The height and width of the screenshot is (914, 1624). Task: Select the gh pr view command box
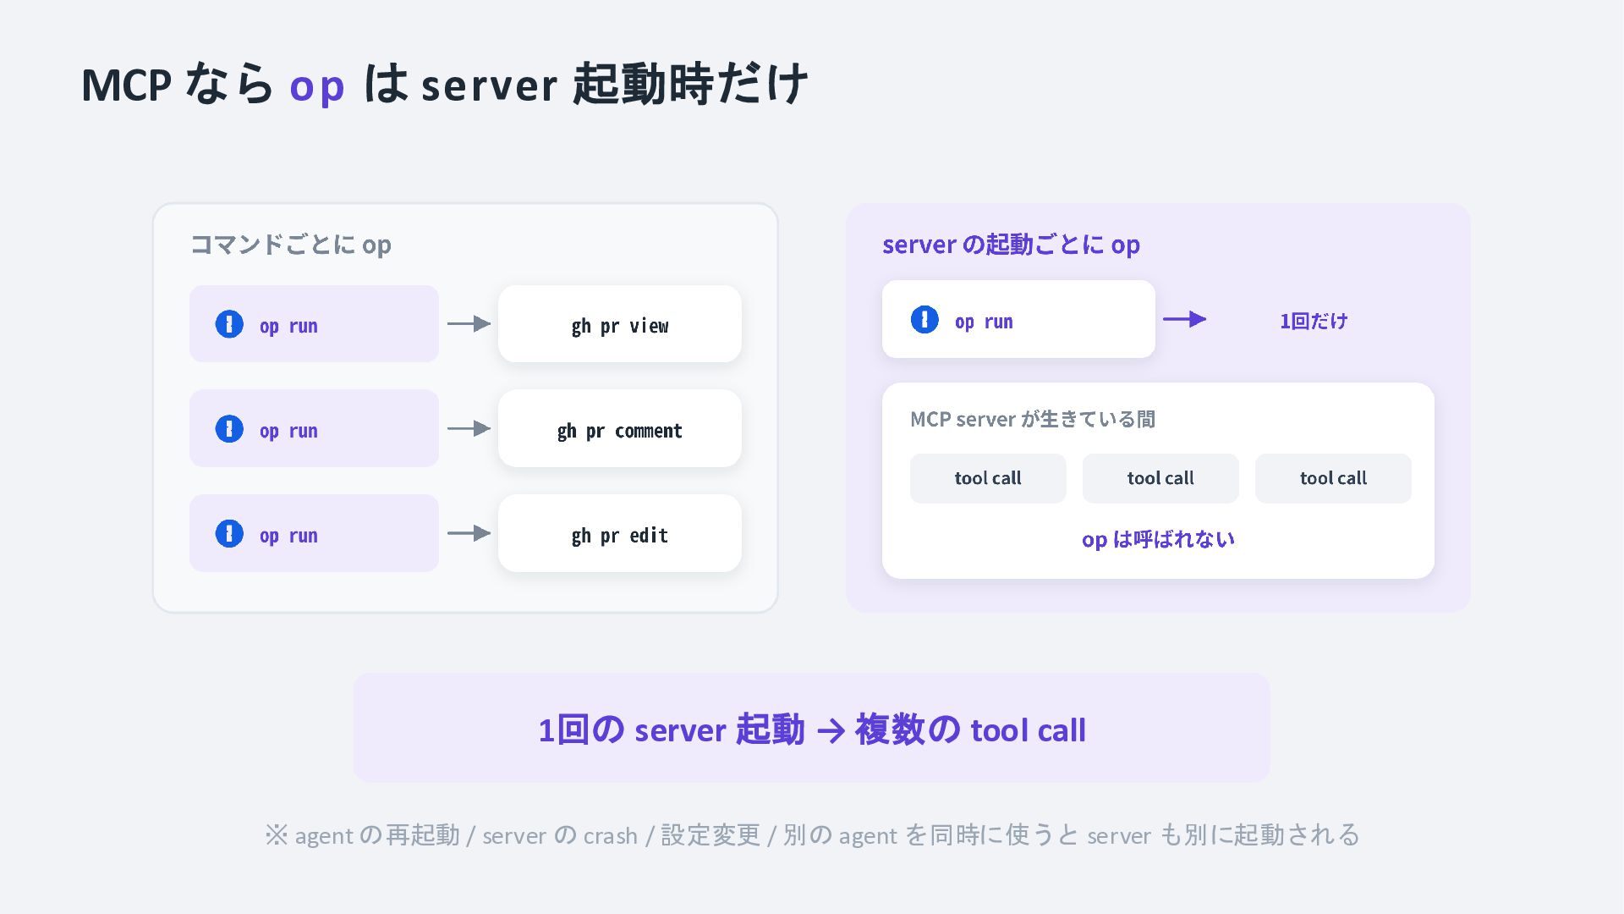[620, 324]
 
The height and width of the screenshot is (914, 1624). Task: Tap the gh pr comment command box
[620, 428]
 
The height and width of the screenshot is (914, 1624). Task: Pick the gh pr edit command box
[620, 533]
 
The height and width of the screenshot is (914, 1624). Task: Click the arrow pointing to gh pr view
[469, 323]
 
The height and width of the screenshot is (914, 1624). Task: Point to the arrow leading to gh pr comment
[469, 428]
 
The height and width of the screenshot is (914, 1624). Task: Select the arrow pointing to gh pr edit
[469, 533]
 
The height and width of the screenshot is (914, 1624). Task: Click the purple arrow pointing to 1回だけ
[1184, 319]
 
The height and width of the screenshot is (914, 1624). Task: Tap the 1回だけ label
[1314, 321]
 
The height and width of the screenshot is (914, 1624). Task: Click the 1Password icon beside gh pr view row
[229, 324]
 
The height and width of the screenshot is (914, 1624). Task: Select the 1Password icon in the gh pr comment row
[229, 429]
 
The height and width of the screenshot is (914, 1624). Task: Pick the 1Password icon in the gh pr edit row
[229, 534]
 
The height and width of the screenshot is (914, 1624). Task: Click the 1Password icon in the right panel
[924, 320]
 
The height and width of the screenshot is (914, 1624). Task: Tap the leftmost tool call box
[988, 478]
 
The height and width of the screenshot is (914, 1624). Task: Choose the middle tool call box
[1160, 478]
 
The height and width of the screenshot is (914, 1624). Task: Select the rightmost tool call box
[1333, 478]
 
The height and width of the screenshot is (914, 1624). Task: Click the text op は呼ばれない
[1158, 539]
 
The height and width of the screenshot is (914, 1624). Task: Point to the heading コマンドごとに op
[290, 245]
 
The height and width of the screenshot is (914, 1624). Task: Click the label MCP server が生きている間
[1033, 419]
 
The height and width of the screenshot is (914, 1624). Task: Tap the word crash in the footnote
[610, 836]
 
